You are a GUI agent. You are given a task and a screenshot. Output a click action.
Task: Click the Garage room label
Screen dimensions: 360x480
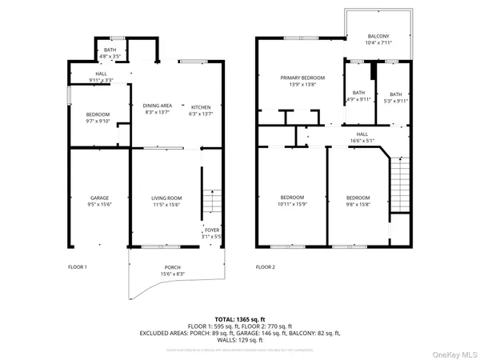[x=99, y=198]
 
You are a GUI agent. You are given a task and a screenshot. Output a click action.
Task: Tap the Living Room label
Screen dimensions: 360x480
[x=167, y=198]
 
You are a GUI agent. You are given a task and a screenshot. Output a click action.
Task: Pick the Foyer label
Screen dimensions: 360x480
[x=210, y=230]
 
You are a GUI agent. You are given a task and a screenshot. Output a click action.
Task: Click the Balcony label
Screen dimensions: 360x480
[x=378, y=37]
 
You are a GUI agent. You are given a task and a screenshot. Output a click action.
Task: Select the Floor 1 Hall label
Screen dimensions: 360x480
[x=101, y=74]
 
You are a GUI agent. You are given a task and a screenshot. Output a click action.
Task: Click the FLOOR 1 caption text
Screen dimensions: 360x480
[x=77, y=266]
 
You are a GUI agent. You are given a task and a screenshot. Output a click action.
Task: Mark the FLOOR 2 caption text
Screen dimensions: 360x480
[x=265, y=266]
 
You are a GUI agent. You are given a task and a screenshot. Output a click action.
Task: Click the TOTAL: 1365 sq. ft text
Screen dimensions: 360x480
[x=240, y=319]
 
